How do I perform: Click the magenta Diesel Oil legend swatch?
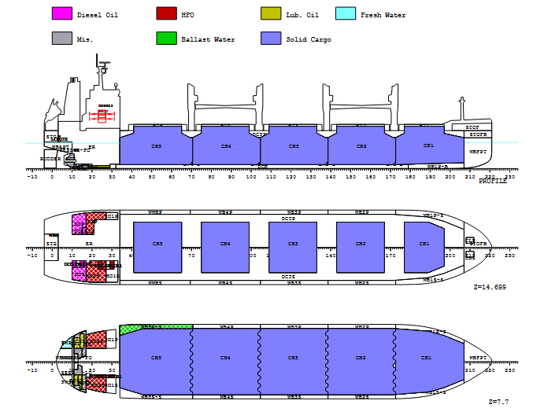click(x=61, y=14)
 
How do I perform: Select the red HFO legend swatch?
click(x=166, y=14)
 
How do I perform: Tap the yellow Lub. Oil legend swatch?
click(x=271, y=14)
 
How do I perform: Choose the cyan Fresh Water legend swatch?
click(x=345, y=14)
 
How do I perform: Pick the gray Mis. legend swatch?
click(x=61, y=39)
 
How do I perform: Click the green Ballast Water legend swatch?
click(x=166, y=39)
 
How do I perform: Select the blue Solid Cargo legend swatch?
click(x=271, y=39)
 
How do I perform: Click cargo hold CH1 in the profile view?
click(x=428, y=148)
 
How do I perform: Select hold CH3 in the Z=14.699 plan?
click(x=294, y=245)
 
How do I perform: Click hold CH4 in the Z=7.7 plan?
click(x=225, y=358)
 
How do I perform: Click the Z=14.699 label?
click(x=490, y=288)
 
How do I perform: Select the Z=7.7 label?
click(x=499, y=402)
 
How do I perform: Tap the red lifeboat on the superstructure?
click(x=102, y=116)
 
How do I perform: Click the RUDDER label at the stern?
click(x=50, y=159)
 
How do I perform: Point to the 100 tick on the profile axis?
click(x=252, y=177)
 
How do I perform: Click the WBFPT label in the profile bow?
click(x=478, y=150)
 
